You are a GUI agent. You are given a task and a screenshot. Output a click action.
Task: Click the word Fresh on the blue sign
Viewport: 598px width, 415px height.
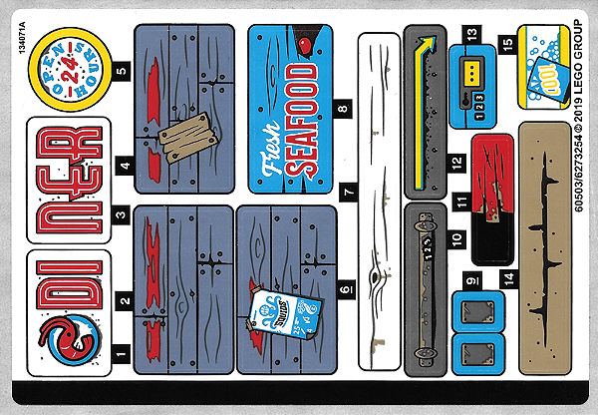pyautogui.click(x=271, y=160)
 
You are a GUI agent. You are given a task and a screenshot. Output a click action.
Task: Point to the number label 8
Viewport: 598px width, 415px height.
pyautogui.click(x=344, y=108)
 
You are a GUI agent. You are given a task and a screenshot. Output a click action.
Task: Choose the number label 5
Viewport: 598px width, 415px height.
pyautogui.click(x=122, y=71)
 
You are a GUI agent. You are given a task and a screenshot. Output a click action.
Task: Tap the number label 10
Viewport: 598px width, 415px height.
pyautogui.click(x=455, y=239)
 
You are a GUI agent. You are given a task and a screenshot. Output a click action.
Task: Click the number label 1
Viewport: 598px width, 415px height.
pyautogui.click(x=122, y=352)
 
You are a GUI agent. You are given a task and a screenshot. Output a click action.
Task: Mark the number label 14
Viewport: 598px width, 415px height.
pyautogui.click(x=508, y=277)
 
